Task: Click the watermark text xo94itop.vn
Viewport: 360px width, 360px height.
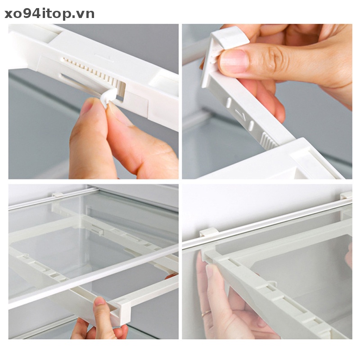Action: tap(49, 14)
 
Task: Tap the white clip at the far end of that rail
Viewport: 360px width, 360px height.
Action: tap(346, 195)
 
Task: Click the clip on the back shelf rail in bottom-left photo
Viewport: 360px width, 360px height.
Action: tap(57, 194)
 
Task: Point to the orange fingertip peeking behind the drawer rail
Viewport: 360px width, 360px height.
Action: tap(171, 276)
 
